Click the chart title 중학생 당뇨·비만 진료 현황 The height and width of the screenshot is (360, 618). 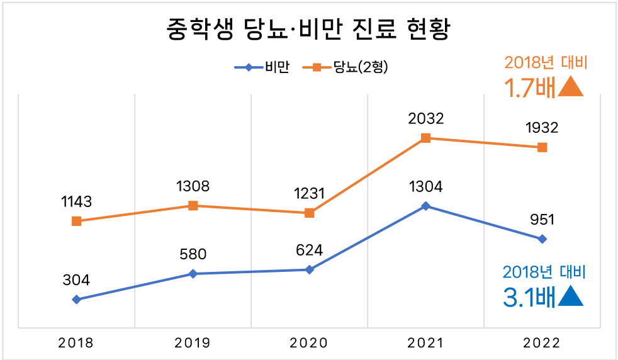[x=308, y=30]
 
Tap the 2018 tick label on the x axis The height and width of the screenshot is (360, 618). [x=76, y=343]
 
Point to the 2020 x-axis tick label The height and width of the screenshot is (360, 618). [x=309, y=343]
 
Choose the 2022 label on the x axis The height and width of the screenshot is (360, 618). [x=542, y=343]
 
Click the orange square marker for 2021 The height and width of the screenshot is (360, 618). [x=425, y=138]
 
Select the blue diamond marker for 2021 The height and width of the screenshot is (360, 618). [x=425, y=206]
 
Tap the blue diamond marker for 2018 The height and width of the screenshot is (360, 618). [x=76, y=300]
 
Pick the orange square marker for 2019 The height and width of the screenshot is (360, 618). [x=193, y=206]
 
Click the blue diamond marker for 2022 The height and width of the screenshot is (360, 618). [x=542, y=239]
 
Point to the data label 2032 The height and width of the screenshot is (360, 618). [x=425, y=118]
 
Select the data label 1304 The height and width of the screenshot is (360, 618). [x=425, y=186]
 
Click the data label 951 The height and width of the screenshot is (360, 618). [x=542, y=220]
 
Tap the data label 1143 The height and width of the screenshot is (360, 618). [x=76, y=202]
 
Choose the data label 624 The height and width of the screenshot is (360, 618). [x=309, y=250]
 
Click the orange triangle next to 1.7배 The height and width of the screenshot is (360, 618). [x=571, y=87]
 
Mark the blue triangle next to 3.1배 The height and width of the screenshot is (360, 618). [x=571, y=296]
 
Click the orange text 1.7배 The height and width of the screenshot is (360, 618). [x=530, y=87]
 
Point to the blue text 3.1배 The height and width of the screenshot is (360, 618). [x=530, y=297]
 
